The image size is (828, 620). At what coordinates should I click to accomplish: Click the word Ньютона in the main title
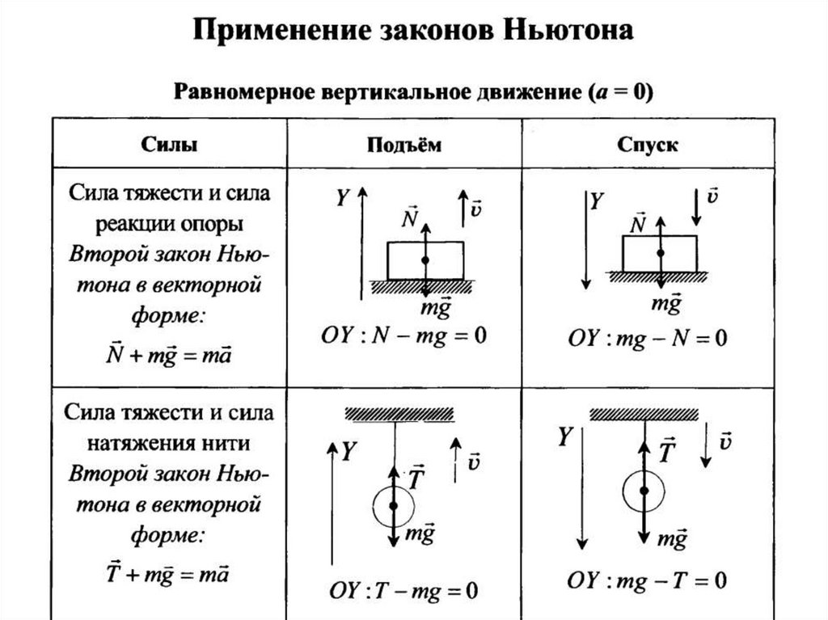pos(568,33)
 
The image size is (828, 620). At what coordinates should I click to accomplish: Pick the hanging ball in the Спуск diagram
pos(644,491)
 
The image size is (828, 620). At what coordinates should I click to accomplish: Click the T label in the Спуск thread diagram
pos(668,449)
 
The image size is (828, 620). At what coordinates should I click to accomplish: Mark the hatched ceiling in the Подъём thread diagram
pos(400,414)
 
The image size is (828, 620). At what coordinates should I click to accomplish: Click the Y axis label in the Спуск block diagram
pos(597,200)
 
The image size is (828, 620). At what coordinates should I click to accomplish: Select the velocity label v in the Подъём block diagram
pos(476,208)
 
